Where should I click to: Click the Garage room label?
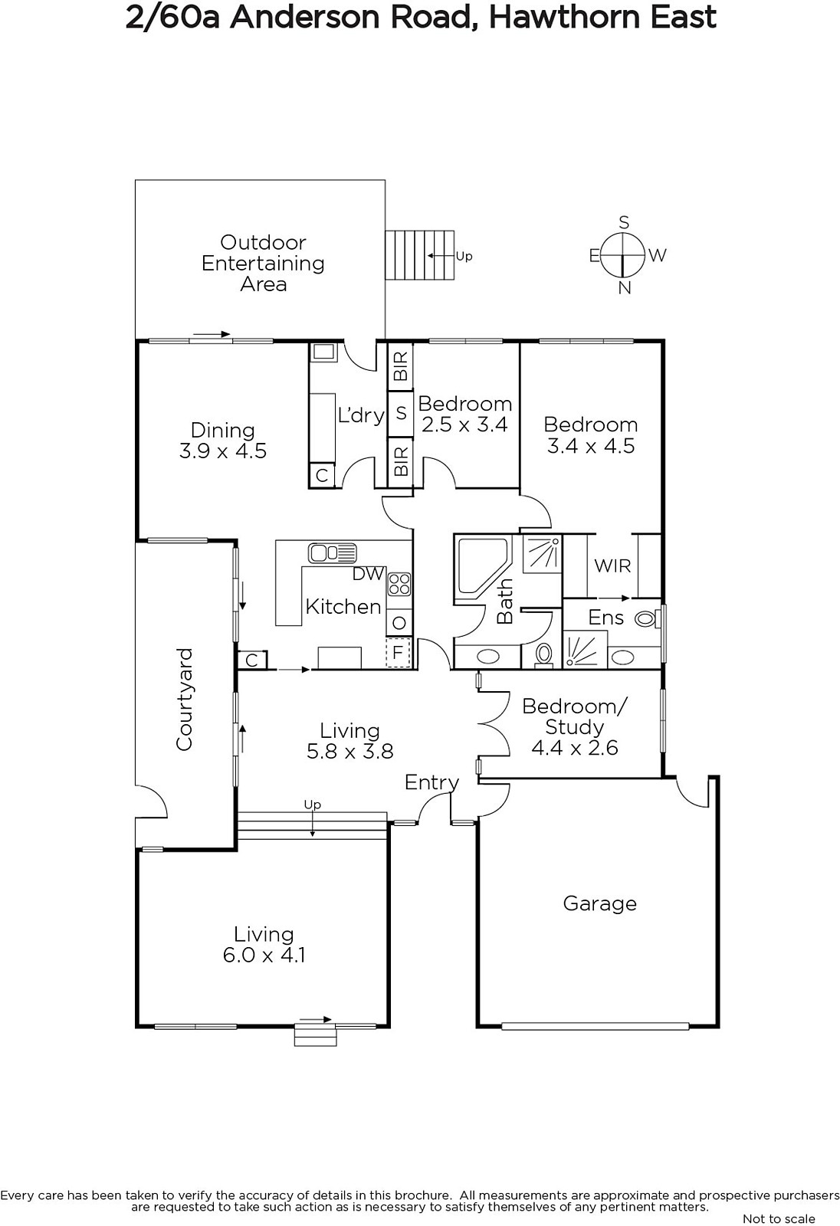coord(599,903)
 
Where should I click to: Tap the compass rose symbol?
coord(622,255)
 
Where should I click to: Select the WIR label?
coord(612,565)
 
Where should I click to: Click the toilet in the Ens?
coord(647,619)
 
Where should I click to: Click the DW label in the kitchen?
coord(368,574)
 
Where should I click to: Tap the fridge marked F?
coord(398,652)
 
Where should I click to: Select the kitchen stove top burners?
coord(399,583)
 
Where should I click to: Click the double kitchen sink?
coord(333,552)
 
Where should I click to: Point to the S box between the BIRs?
coord(400,413)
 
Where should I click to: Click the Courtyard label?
coord(185,699)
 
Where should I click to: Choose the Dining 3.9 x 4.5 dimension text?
coord(223,451)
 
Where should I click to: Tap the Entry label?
coord(431,782)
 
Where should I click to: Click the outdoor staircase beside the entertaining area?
coord(419,255)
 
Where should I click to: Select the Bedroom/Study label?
coord(574,716)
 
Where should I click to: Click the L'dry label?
coord(361,415)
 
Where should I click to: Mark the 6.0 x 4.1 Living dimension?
coord(264,955)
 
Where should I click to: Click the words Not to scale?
coord(779,1219)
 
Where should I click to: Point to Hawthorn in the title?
coord(565,17)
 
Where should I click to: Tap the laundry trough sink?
coord(324,352)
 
